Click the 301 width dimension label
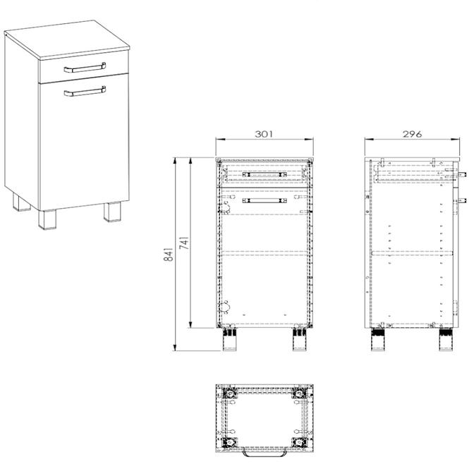point(264,134)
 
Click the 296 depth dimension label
point(412,134)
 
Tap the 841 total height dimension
point(169,254)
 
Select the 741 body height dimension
point(184,243)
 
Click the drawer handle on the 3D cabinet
point(85,68)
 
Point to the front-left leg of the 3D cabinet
point(47,219)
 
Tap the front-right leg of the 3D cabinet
point(112,212)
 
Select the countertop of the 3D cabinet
point(67,39)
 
